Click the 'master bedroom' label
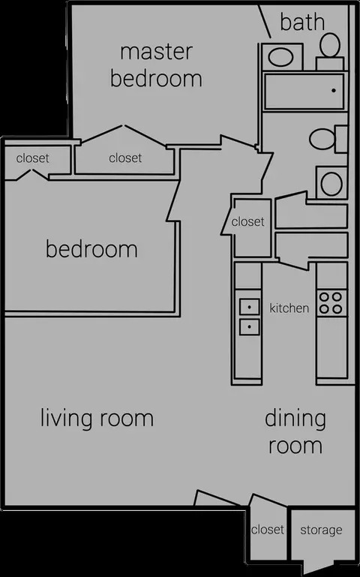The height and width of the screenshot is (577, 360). pyautogui.click(x=156, y=65)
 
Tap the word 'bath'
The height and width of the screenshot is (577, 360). pyautogui.click(x=302, y=22)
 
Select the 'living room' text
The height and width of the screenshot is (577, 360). pyautogui.click(x=97, y=419)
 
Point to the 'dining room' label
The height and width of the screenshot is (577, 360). pyautogui.click(x=295, y=432)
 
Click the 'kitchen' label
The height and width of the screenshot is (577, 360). pyautogui.click(x=289, y=308)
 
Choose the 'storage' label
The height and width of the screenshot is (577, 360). pyautogui.click(x=321, y=530)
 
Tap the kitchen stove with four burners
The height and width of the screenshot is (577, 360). pyautogui.click(x=331, y=303)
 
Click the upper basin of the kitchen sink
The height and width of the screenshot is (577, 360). pyautogui.click(x=249, y=307)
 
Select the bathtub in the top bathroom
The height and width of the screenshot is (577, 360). pyautogui.click(x=304, y=92)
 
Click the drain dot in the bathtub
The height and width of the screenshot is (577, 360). pyautogui.click(x=334, y=90)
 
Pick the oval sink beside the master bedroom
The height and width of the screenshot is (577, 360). pyautogui.click(x=280, y=58)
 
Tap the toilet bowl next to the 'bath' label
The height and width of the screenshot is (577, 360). pyautogui.click(x=330, y=45)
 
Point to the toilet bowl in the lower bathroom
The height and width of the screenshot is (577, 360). pyautogui.click(x=322, y=139)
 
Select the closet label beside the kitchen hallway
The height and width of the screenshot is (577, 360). pyautogui.click(x=247, y=221)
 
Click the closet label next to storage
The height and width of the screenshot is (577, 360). pyautogui.click(x=267, y=530)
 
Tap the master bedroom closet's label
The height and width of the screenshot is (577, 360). pyautogui.click(x=125, y=158)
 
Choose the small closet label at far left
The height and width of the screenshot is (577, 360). pyautogui.click(x=33, y=158)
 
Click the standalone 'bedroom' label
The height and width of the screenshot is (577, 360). pyautogui.click(x=91, y=249)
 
